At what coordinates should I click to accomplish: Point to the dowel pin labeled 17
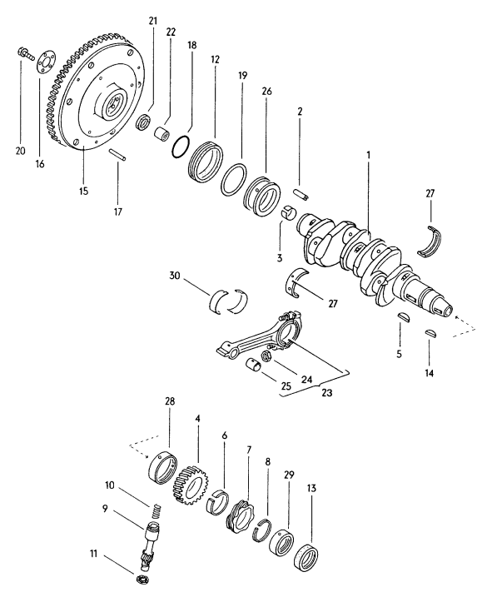[118, 156]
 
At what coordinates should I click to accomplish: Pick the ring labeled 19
[236, 178]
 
